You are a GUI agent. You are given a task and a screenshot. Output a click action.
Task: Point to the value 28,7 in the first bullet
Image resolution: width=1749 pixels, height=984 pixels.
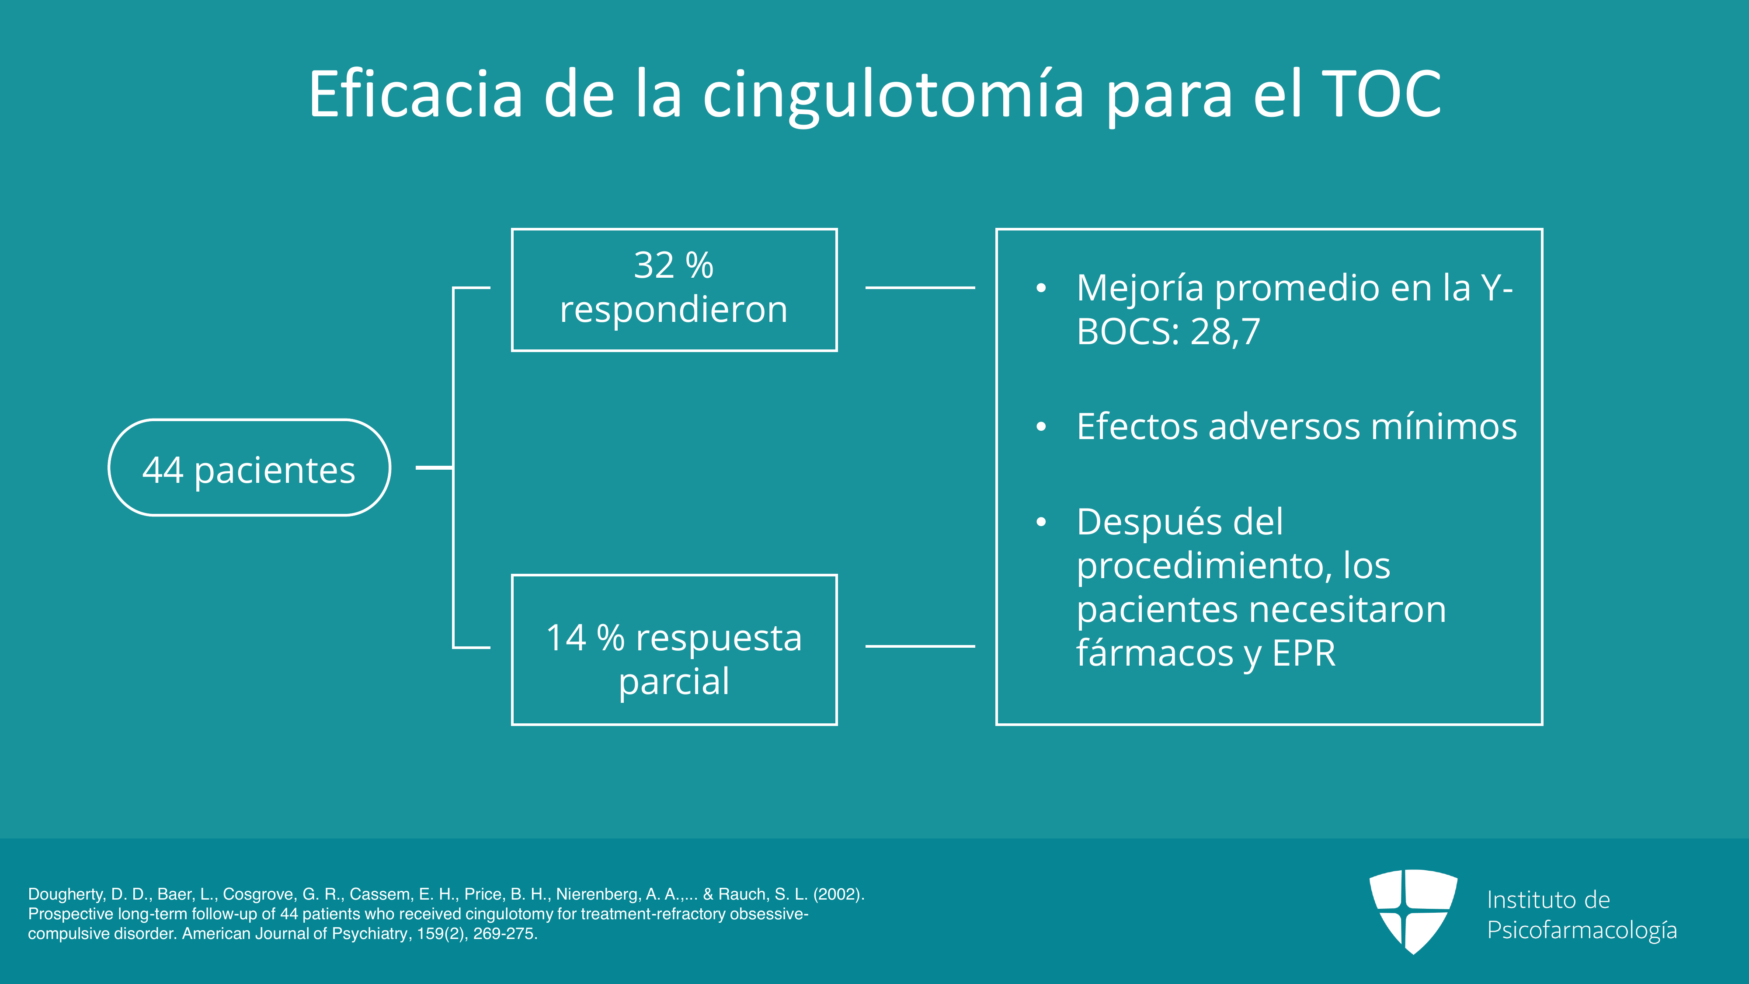click(x=1225, y=332)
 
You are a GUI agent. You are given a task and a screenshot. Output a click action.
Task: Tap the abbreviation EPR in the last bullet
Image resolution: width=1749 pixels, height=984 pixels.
click(x=1304, y=653)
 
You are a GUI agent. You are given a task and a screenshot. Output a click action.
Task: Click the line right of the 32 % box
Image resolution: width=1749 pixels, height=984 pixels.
click(x=920, y=288)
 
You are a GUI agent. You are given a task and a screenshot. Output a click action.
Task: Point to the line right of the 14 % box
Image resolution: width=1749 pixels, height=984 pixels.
click(x=920, y=646)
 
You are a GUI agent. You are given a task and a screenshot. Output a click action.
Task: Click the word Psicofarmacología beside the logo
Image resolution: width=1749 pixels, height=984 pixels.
click(x=1582, y=930)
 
